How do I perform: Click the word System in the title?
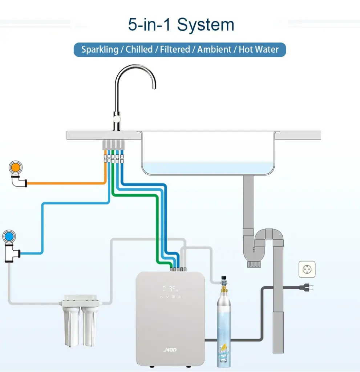[206, 25]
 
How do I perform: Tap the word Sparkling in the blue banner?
[99, 50]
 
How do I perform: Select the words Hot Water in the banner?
[259, 50]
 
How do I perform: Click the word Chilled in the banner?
[139, 50]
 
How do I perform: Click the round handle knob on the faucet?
[117, 119]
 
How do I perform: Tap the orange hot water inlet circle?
[15, 167]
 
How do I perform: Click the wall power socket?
[307, 269]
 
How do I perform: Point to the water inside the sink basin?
[207, 168]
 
